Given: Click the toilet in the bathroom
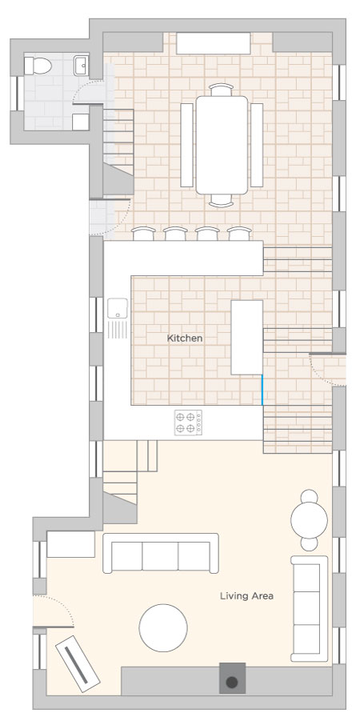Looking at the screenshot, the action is [38, 66].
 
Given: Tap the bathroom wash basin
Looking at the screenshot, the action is [81, 66].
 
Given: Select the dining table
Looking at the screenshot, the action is [222, 145].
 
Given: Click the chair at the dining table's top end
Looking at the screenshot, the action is [221, 90].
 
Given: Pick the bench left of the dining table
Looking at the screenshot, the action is [186, 145].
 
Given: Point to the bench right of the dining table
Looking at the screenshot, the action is [257, 145].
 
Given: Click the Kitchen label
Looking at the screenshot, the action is [184, 338].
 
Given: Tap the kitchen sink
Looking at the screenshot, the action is [118, 308].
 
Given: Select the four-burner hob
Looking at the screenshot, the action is [188, 422].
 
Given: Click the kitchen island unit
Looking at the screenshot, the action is [247, 337].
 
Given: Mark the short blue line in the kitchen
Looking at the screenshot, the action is [262, 390].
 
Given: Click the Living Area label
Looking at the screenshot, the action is [246, 596].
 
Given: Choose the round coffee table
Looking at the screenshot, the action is [163, 627].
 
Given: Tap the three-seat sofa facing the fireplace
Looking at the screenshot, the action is [161, 553].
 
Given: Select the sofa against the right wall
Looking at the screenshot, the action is [310, 608].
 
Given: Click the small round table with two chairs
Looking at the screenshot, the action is [310, 520].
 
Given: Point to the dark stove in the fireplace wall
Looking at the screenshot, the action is [232, 679].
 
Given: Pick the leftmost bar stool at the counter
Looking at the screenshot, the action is [143, 234].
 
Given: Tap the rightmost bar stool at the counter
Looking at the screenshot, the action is [239, 234].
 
